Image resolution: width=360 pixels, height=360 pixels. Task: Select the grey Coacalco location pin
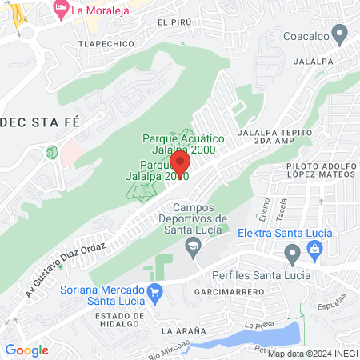tap(339, 34)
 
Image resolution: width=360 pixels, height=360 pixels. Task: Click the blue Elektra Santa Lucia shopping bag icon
tap(314, 252)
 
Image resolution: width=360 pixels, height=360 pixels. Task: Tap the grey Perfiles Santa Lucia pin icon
tap(292, 255)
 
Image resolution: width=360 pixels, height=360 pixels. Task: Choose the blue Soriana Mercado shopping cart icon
tap(157, 295)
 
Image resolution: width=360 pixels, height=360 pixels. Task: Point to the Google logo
tap(26, 350)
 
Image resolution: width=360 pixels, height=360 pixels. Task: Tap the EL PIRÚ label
tap(175, 23)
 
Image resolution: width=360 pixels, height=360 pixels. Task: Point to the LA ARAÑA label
tap(183, 330)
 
